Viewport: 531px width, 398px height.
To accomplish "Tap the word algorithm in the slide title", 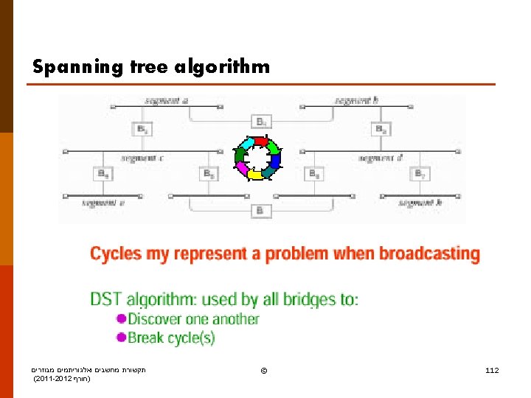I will click(x=223, y=68).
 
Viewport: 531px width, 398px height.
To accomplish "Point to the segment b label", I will click(x=357, y=99).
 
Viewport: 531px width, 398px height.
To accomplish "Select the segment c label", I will click(x=143, y=158).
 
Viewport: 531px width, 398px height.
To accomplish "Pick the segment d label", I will click(x=381, y=158).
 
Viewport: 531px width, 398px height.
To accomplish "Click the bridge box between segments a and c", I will click(x=142, y=129).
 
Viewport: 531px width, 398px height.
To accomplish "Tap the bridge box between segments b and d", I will click(x=381, y=129).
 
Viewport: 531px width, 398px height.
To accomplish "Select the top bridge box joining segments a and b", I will click(x=261, y=121).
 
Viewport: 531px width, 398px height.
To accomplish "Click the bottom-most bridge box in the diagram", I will click(x=260, y=212).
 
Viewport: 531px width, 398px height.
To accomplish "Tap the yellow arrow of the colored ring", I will click(x=254, y=175).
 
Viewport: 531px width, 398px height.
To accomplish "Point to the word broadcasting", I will click(x=429, y=254).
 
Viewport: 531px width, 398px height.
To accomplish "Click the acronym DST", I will click(x=106, y=299).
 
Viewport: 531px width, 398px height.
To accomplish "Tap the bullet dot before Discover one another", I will click(x=122, y=318).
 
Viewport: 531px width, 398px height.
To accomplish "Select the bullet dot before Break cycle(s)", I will click(x=122, y=338).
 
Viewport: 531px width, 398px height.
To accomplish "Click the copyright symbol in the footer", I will click(x=264, y=369).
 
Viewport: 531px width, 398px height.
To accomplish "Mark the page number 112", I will click(x=492, y=369).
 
